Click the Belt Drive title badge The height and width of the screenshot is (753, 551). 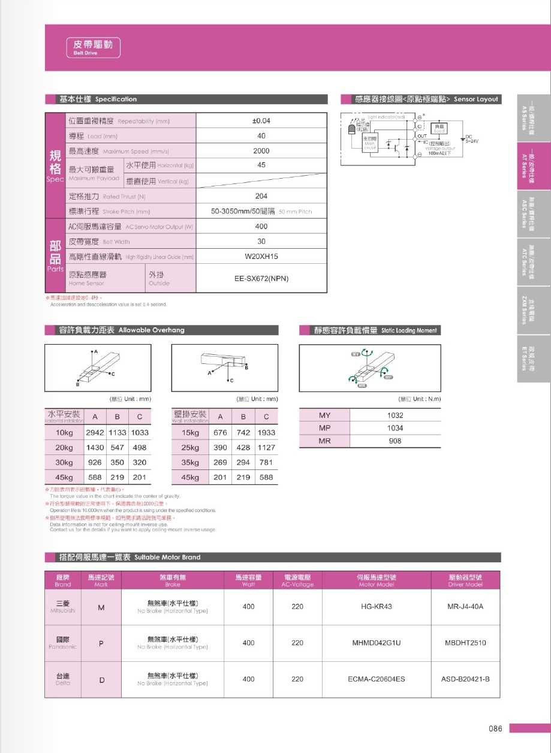[93, 47]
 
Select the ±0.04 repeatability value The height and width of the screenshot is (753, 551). [261, 121]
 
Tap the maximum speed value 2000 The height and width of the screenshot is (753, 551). [261, 150]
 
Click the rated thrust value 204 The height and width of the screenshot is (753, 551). [261, 196]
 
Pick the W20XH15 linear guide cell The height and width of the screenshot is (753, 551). [261, 257]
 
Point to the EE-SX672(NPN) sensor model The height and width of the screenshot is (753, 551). [261, 279]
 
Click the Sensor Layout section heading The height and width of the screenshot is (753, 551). [420, 99]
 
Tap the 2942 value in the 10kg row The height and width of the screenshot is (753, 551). [95, 432]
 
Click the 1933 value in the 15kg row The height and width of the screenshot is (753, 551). [266, 432]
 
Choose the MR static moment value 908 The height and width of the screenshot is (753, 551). [395, 441]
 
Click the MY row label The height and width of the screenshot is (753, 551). [324, 415]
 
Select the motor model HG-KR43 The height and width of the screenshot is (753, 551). [376, 607]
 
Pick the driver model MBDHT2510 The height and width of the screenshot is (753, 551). [465, 643]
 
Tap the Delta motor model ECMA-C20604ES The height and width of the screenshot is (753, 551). [376, 679]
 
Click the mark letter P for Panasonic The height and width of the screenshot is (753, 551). [101, 643]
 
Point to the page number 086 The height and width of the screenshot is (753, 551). [495, 728]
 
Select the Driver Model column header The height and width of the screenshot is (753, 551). [465, 580]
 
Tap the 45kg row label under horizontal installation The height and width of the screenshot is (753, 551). [64, 477]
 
